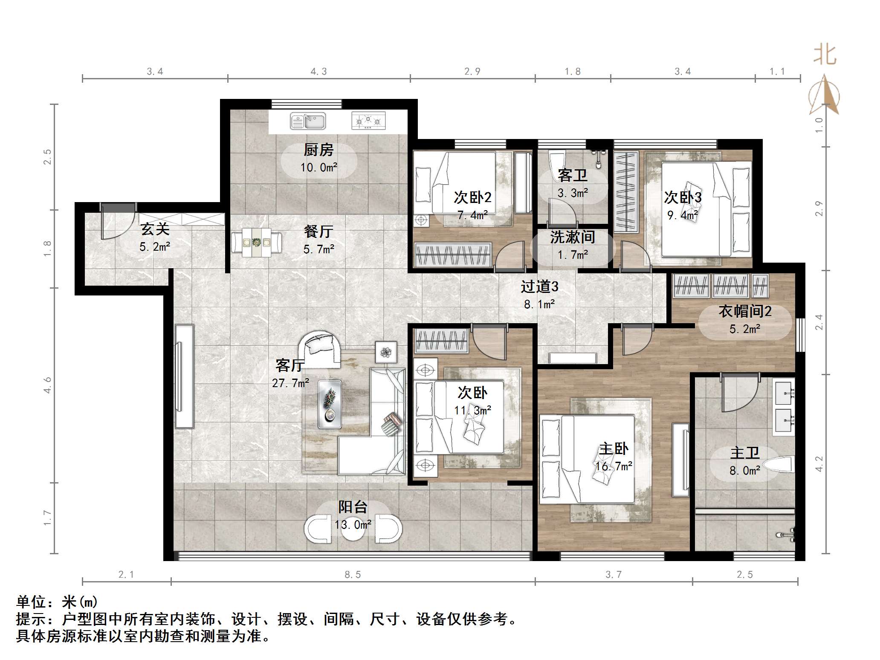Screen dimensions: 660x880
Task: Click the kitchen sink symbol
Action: click(x=308, y=121)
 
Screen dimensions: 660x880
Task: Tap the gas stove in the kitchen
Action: click(x=368, y=121)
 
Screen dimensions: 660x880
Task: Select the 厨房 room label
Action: click(x=318, y=150)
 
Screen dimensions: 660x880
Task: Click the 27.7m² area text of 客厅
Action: click(x=290, y=383)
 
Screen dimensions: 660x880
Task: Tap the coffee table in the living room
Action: click(x=330, y=404)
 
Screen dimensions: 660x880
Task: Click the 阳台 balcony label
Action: click(x=353, y=507)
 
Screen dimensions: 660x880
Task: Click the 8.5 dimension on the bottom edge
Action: click(x=353, y=575)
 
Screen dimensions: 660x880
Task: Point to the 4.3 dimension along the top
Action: click(x=318, y=72)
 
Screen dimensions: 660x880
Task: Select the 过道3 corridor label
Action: click(x=539, y=287)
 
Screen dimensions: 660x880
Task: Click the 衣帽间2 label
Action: click(x=745, y=311)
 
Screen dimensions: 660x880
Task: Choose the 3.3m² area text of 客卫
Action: click(x=573, y=193)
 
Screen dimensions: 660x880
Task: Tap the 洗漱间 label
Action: click(x=572, y=237)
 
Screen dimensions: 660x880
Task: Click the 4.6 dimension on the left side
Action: click(x=47, y=385)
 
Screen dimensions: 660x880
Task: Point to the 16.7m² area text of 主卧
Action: click(x=614, y=466)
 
